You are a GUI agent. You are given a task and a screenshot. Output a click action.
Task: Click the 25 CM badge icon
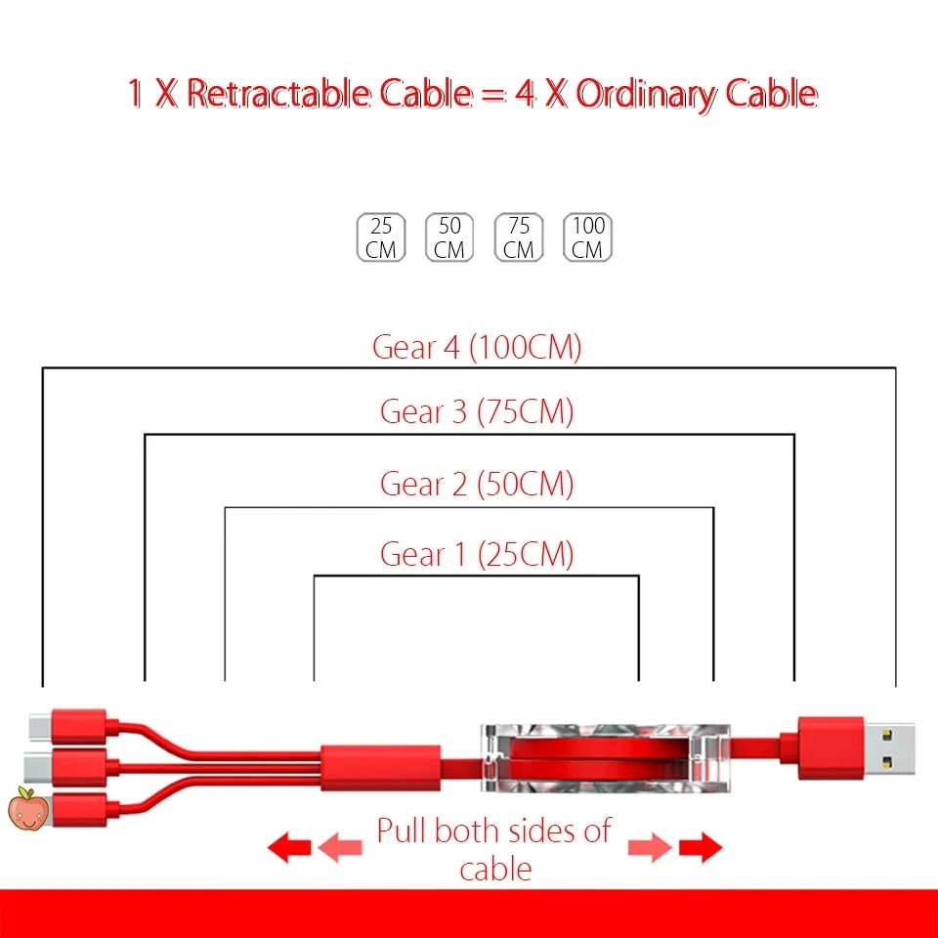(381, 237)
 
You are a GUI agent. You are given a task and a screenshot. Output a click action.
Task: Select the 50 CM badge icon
(449, 237)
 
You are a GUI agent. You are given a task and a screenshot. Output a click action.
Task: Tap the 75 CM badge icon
(519, 237)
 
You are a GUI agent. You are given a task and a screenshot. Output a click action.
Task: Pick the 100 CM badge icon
(588, 237)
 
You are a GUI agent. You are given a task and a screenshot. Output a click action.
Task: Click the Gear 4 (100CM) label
(477, 348)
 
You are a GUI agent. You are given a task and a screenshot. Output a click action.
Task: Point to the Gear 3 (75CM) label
(477, 411)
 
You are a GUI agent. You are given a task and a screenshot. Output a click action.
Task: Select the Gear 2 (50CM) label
(477, 484)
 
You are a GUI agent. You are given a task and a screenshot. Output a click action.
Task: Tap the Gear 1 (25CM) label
(477, 555)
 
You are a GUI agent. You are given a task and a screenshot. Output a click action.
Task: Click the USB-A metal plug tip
(891, 747)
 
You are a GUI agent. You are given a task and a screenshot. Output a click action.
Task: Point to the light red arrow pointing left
(339, 847)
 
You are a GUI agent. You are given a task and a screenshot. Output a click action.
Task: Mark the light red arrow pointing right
(650, 847)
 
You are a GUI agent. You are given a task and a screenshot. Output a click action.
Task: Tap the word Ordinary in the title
(644, 94)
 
